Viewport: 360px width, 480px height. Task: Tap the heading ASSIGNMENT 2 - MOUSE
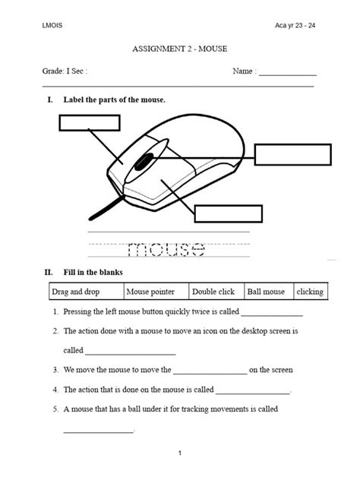tap(179, 49)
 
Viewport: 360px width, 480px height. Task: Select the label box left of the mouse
tap(83, 122)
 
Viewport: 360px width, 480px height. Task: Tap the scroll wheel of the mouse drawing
tap(144, 161)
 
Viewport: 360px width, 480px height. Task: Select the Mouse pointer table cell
tap(154, 292)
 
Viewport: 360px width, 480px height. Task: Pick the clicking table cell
tap(310, 292)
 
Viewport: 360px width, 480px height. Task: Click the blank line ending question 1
tap(271, 314)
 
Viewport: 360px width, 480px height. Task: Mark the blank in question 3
tap(210, 372)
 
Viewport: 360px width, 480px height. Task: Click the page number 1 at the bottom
tap(180, 454)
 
